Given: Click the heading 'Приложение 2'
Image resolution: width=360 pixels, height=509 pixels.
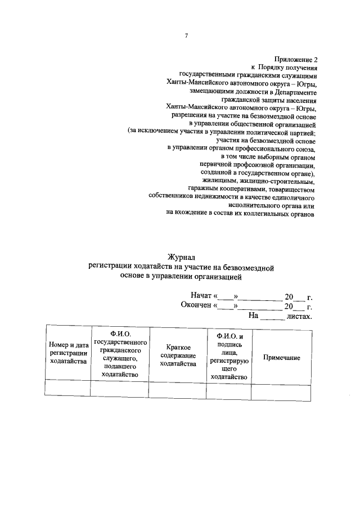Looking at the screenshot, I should point(296,59).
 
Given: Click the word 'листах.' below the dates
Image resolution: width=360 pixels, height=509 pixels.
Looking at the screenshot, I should point(299,316).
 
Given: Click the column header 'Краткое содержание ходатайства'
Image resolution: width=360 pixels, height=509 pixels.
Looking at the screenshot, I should point(177,356).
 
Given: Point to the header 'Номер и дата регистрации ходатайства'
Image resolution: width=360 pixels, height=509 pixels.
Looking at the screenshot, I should point(68,353).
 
